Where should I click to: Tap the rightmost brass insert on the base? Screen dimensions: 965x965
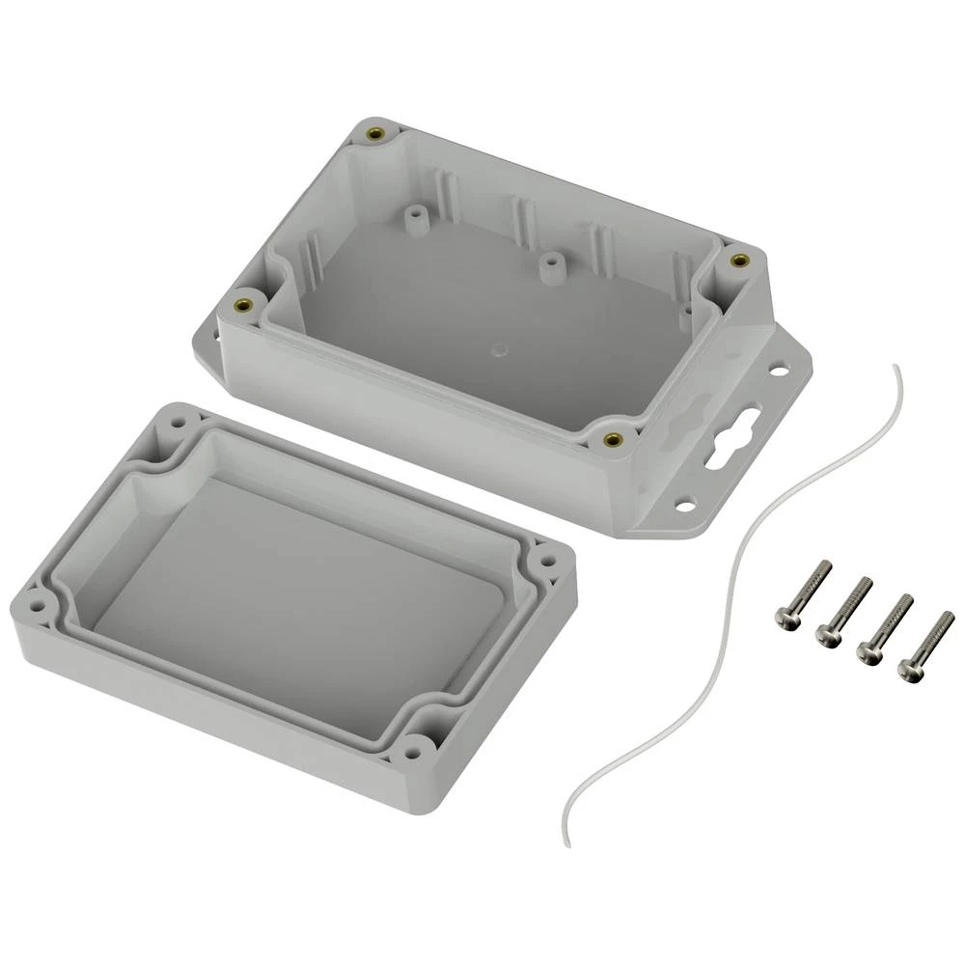[x=739, y=260]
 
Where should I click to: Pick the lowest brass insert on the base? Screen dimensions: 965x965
[x=611, y=440]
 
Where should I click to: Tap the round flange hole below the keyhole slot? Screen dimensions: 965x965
[x=685, y=504]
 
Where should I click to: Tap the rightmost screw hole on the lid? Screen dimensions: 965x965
[x=545, y=559]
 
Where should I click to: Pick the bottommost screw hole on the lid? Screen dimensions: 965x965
[x=416, y=746]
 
